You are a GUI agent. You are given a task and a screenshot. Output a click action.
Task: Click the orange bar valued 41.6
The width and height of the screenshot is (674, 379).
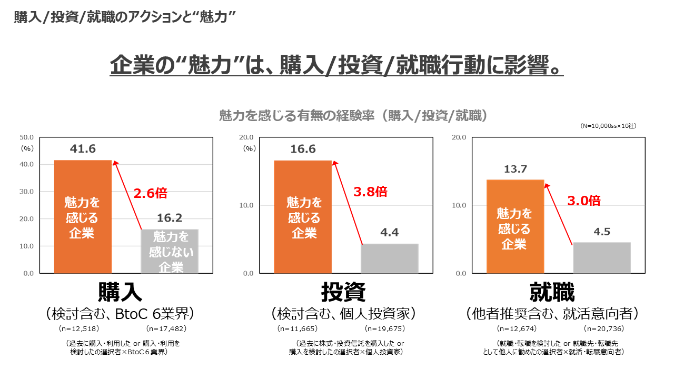(x=83, y=216)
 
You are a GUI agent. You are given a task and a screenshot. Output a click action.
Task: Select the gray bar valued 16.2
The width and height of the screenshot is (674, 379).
(x=170, y=251)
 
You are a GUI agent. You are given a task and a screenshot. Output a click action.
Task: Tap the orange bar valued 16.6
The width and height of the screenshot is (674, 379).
(x=303, y=216)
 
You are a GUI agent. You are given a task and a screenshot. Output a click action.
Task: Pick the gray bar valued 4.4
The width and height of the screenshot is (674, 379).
(x=389, y=258)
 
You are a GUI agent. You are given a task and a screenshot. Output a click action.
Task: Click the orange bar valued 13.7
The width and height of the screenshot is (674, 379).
(x=515, y=226)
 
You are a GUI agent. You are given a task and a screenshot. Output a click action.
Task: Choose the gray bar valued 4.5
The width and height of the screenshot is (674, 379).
(x=601, y=258)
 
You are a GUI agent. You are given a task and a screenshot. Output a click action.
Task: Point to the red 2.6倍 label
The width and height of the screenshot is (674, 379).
(x=150, y=193)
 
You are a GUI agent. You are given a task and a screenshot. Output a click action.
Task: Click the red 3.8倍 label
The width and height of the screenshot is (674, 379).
(x=370, y=192)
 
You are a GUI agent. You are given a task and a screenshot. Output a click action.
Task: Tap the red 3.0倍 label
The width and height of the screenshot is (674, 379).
(x=583, y=200)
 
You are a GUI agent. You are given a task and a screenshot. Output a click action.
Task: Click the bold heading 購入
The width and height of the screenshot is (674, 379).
(x=120, y=293)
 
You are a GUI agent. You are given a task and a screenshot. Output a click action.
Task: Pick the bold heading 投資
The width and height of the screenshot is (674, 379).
(x=343, y=293)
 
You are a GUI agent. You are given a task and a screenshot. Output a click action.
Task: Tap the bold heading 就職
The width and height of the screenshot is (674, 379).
(x=552, y=293)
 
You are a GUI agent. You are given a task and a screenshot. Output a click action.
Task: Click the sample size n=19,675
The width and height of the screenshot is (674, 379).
(x=386, y=329)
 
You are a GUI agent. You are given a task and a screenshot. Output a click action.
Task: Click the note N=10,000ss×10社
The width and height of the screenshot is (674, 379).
(x=608, y=126)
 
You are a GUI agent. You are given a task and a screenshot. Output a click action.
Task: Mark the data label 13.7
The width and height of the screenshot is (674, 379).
(x=515, y=169)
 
